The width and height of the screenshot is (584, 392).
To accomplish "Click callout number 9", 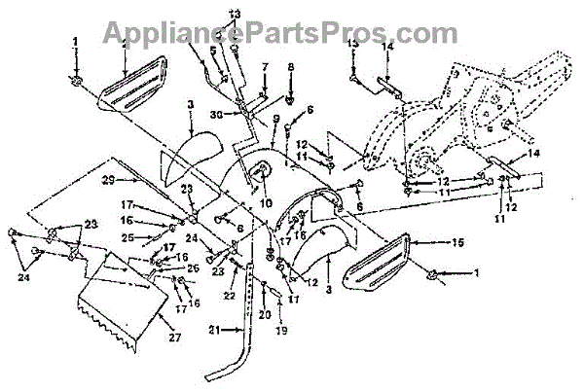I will coord(276,119).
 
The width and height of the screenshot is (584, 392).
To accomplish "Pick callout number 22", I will coord(229,296).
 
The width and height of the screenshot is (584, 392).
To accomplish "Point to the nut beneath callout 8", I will coord(290,98).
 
